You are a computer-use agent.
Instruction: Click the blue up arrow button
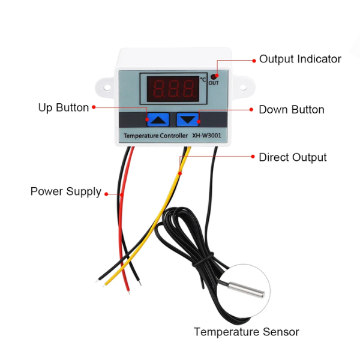(x=158, y=119)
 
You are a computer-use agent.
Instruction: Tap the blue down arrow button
(x=188, y=119)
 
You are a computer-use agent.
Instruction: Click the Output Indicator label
(x=300, y=59)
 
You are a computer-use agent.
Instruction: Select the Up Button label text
(x=64, y=108)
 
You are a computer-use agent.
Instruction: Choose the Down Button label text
(x=291, y=110)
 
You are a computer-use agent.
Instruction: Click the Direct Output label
(x=292, y=157)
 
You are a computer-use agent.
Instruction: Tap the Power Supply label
(x=66, y=192)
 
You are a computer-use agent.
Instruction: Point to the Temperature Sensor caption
(x=246, y=332)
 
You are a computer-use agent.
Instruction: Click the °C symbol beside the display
(x=203, y=79)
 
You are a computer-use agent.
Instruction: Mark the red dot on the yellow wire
(x=181, y=172)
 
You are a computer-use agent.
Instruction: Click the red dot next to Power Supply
(x=107, y=193)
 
